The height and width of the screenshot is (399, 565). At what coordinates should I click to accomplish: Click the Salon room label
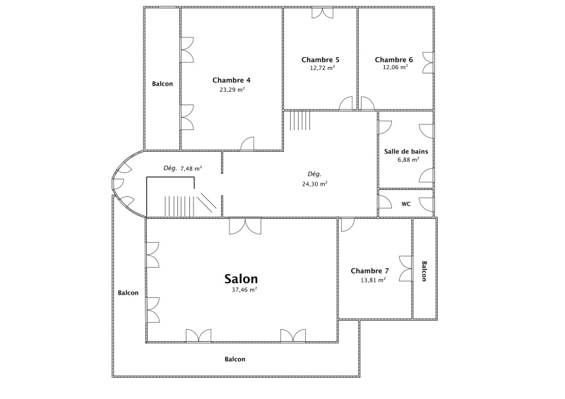tap(241, 279)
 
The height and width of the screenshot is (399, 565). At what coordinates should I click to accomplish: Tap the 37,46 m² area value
tap(244, 290)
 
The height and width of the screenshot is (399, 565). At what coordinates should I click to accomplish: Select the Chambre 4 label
tap(232, 80)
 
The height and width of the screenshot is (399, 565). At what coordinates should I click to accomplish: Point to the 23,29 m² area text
tap(232, 90)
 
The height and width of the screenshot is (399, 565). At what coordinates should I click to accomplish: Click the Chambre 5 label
tap(321, 60)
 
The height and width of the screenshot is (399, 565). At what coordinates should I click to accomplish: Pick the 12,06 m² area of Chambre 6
tap(395, 67)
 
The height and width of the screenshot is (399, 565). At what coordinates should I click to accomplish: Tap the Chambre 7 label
tap(369, 270)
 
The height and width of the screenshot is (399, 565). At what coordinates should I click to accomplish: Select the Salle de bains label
tap(406, 151)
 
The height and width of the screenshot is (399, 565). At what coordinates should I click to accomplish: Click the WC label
tap(406, 204)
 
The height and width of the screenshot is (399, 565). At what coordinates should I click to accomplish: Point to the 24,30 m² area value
tap(314, 184)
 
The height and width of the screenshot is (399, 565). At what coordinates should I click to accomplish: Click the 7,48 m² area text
tap(191, 168)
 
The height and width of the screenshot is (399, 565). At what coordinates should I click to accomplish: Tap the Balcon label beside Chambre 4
tap(162, 84)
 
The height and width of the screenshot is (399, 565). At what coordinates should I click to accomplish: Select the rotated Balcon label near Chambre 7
tap(424, 271)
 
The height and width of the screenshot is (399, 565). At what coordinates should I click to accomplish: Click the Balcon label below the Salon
tap(235, 359)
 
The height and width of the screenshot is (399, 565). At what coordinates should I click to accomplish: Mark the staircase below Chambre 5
tap(299, 120)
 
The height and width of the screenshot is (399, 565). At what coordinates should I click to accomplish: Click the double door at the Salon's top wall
tap(245, 226)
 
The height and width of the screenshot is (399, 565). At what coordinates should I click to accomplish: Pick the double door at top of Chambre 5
tap(323, 13)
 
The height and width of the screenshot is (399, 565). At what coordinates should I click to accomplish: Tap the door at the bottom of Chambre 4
tap(247, 143)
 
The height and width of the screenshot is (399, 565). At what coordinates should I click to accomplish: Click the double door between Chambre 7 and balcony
tap(405, 269)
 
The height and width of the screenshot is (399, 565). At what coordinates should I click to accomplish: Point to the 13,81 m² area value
tap(374, 280)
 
